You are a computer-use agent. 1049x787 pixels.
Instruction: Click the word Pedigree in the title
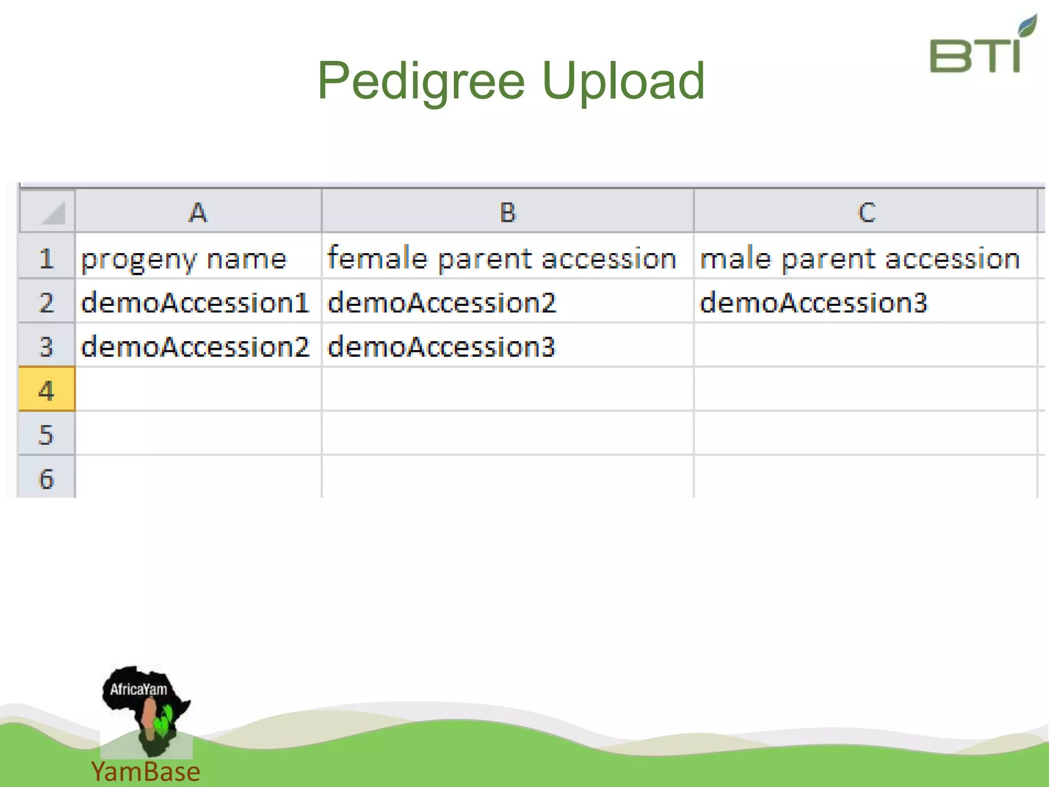coord(421,81)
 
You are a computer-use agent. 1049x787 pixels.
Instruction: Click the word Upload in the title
coord(623,81)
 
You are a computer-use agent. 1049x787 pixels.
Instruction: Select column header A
coord(198,212)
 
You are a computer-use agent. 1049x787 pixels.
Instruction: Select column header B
coord(508,212)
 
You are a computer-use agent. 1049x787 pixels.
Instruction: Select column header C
coord(866,212)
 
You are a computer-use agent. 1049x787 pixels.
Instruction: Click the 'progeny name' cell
coord(184,258)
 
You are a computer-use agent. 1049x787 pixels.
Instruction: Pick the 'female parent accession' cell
coord(502,258)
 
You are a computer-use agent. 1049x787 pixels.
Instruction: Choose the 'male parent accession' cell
coord(860,258)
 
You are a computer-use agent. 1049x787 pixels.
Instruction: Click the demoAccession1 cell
coord(195,302)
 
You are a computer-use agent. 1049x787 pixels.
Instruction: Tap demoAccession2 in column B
coord(442,302)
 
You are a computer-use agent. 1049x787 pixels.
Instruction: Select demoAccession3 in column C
coord(813,302)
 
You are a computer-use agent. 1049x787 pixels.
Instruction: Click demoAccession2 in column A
coord(195,346)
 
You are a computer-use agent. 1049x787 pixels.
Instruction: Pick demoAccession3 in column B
coord(442,346)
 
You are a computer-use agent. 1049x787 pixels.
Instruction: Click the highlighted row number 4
coord(47,390)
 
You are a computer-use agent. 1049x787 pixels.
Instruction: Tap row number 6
coord(47,479)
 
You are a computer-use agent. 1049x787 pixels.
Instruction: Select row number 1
coord(47,258)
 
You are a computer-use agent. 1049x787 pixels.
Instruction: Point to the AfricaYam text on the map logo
coord(138,689)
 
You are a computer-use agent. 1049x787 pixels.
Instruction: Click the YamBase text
coord(145,772)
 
